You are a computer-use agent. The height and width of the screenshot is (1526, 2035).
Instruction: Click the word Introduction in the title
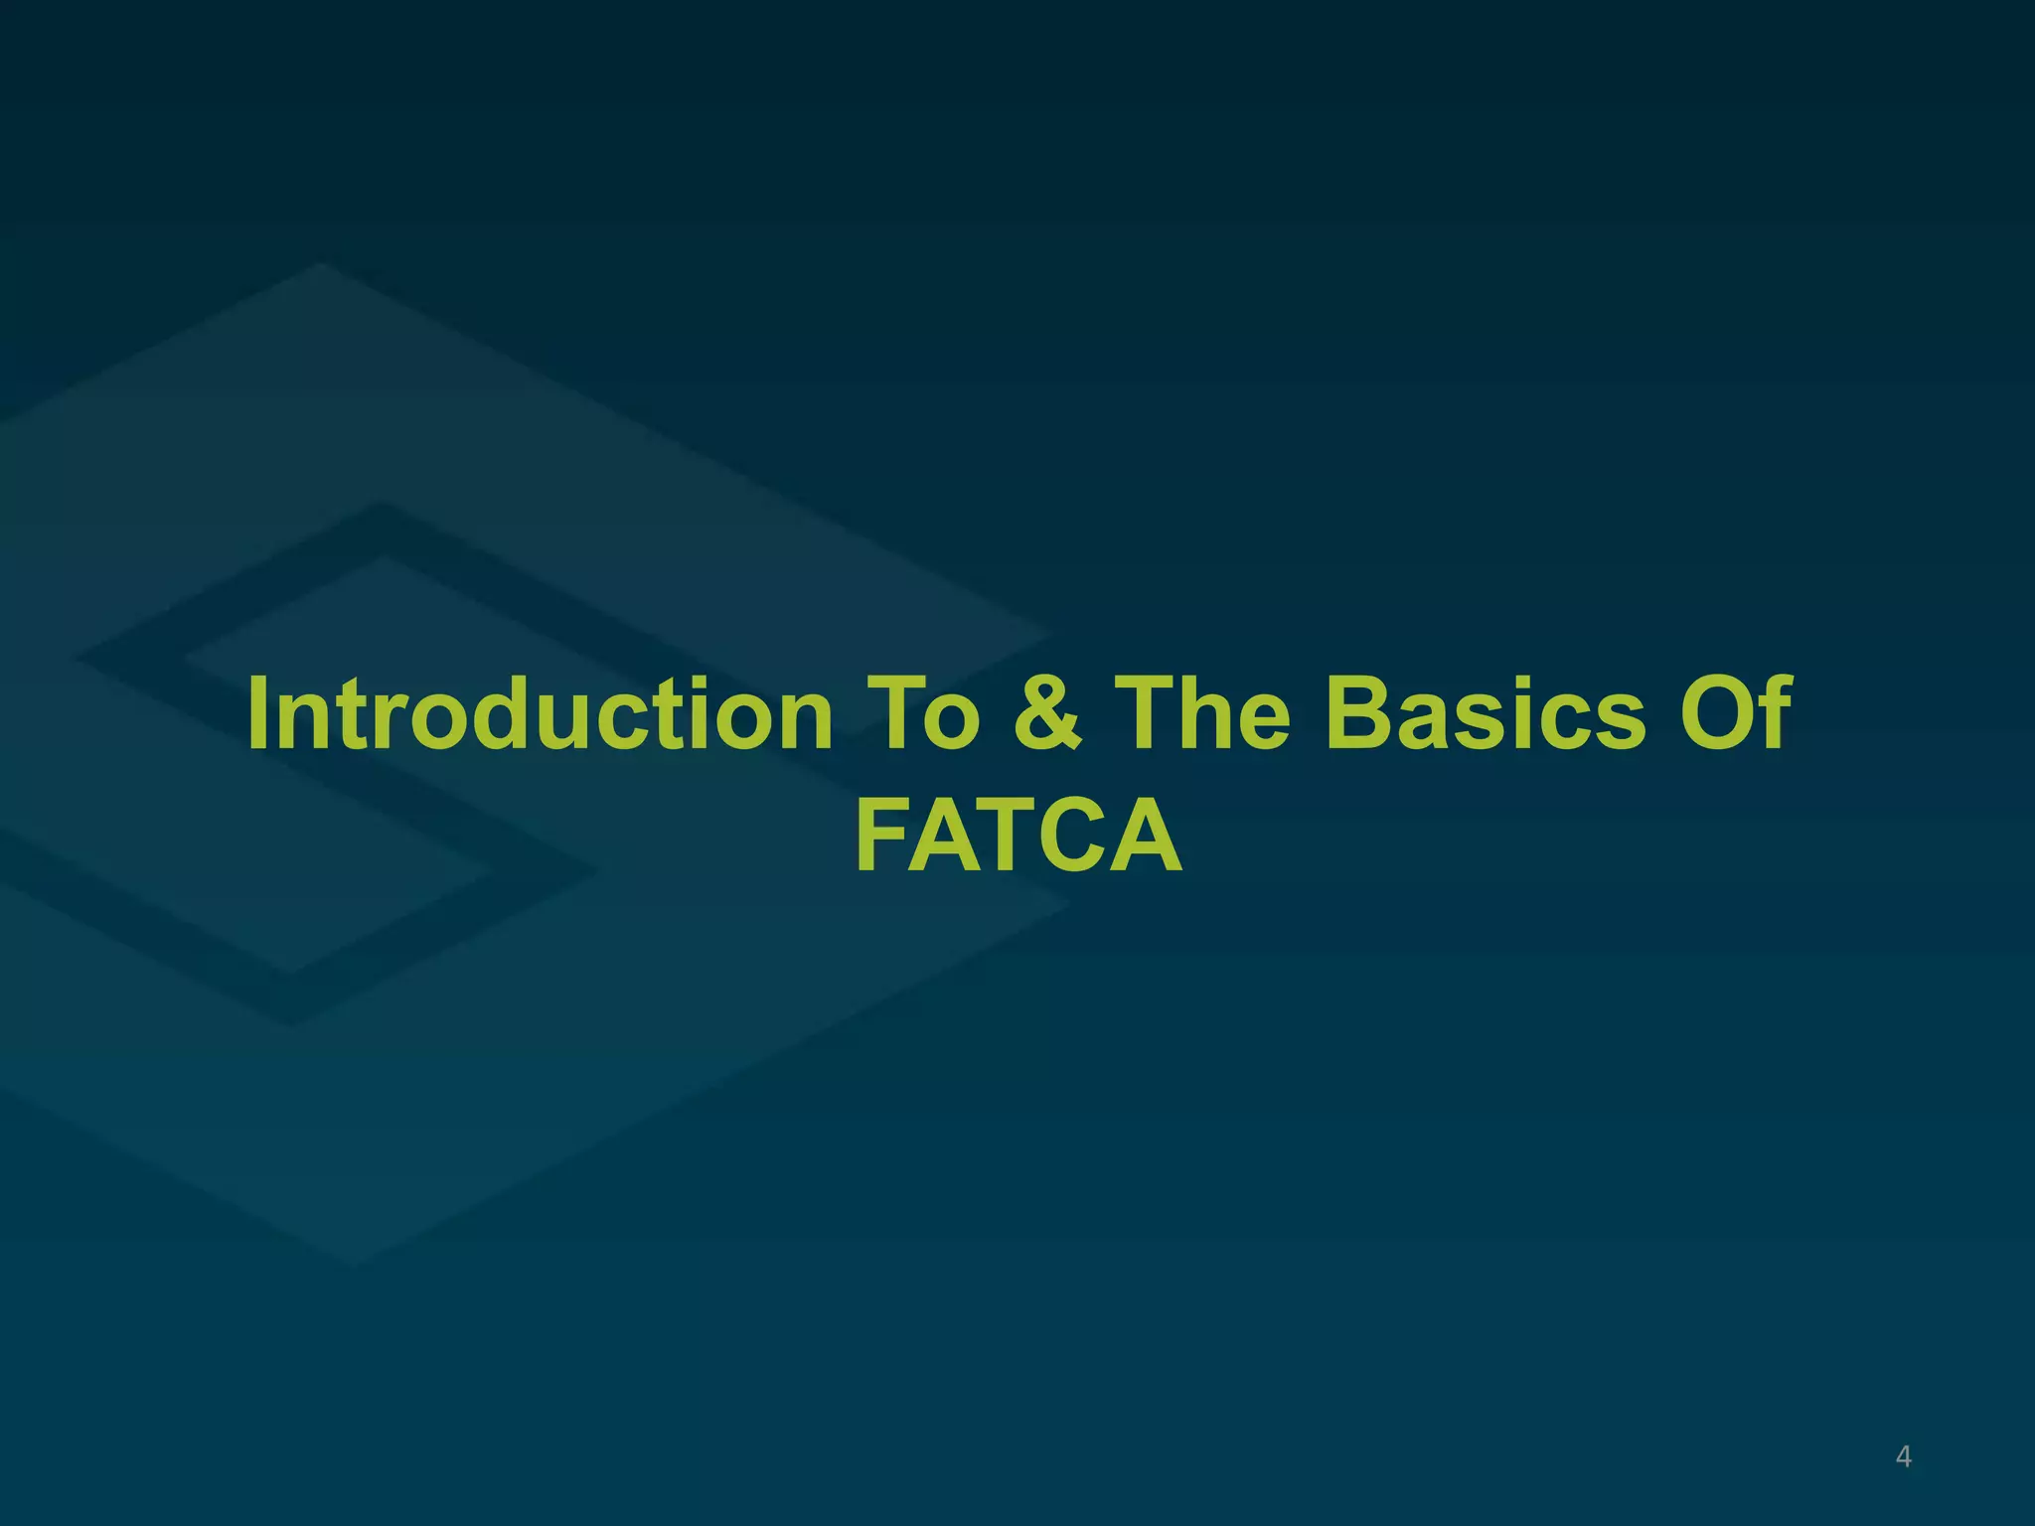[x=541, y=713]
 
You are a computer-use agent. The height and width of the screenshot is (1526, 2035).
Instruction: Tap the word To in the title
[x=924, y=713]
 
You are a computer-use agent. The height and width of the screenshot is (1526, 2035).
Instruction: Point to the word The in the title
[x=1203, y=713]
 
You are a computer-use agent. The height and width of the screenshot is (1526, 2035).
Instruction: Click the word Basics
[x=1486, y=713]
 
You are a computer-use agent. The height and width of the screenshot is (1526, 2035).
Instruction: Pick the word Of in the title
[x=1736, y=713]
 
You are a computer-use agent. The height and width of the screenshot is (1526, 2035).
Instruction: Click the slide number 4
[x=1903, y=1456]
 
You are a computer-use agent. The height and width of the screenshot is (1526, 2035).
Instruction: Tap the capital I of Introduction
[x=259, y=713]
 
